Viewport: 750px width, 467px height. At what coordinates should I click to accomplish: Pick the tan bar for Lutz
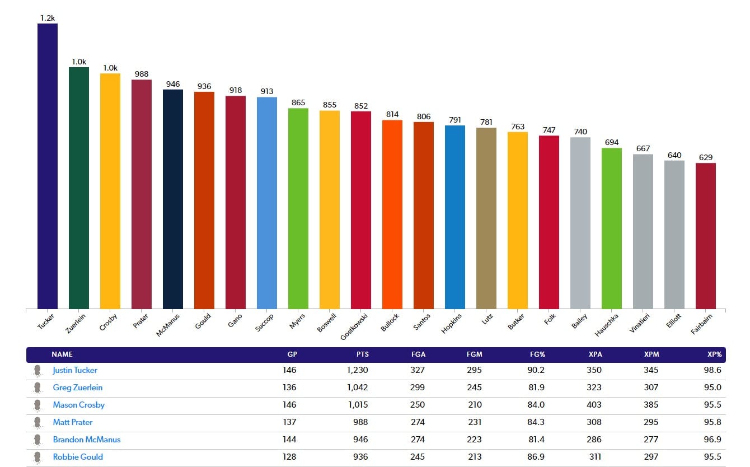tap(486, 218)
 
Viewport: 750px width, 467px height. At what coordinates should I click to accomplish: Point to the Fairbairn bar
tap(706, 236)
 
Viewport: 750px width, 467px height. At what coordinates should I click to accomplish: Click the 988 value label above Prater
tap(142, 74)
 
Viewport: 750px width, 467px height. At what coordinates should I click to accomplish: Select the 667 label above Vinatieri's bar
tap(643, 148)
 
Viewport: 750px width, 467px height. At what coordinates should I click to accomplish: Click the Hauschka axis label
tap(608, 324)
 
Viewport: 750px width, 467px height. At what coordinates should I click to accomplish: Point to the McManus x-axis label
tap(168, 325)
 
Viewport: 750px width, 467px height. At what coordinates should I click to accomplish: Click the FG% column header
tap(537, 354)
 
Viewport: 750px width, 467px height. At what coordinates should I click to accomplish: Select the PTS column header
tap(362, 354)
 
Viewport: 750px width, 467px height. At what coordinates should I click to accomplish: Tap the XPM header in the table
tap(650, 354)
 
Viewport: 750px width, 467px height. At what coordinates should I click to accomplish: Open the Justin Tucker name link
tap(75, 370)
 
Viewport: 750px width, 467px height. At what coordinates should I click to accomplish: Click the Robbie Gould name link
tap(78, 457)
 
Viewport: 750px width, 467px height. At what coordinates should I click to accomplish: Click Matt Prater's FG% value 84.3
tap(536, 422)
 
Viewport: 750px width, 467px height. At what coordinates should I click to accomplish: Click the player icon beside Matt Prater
tap(37, 422)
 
